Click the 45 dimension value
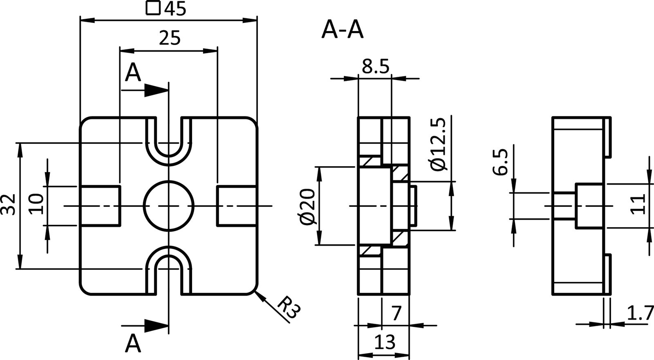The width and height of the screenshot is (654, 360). click(x=176, y=9)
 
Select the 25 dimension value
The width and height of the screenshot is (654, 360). click(x=169, y=38)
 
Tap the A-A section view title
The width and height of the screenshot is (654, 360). click(x=342, y=30)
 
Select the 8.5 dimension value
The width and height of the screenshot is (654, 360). click(x=376, y=67)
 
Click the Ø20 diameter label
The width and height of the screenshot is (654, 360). click(x=307, y=206)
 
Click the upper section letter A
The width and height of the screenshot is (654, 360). click(x=133, y=74)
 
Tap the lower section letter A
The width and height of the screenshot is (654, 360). click(x=133, y=343)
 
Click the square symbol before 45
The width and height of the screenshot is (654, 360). click(x=152, y=8)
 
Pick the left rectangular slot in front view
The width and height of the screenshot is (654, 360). click(x=100, y=206)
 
